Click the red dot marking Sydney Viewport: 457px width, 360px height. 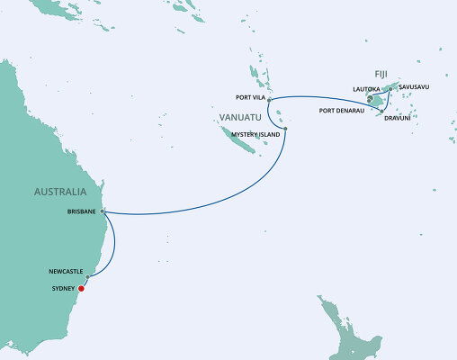[x=82, y=289]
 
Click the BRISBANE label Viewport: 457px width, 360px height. [x=83, y=212]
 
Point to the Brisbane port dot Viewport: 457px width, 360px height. [x=103, y=212]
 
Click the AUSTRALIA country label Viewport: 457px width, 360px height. [x=60, y=192]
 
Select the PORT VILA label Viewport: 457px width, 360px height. [x=247, y=98]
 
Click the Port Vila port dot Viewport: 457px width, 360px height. [x=269, y=98]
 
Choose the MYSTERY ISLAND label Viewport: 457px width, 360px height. [x=257, y=134]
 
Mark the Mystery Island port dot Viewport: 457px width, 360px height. [x=285, y=130]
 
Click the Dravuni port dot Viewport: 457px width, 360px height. [x=382, y=112]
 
